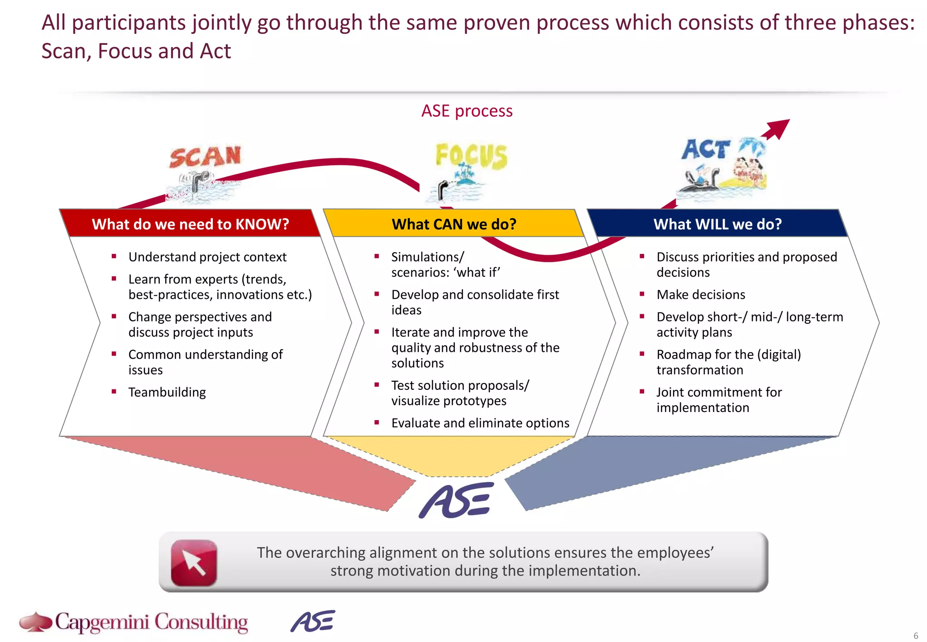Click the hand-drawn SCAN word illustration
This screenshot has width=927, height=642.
tap(205, 157)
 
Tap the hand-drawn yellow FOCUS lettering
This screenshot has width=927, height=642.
tap(471, 156)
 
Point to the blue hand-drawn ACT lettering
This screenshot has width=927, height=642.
tap(705, 149)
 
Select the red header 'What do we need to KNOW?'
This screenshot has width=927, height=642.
tap(190, 224)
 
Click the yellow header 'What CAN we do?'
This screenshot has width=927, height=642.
tap(454, 224)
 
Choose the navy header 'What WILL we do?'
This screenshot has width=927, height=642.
tap(717, 224)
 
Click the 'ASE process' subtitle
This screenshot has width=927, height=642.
tap(467, 111)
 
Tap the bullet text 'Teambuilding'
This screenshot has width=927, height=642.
tap(167, 392)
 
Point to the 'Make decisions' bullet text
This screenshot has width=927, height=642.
tap(701, 295)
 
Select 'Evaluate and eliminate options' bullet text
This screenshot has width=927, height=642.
tap(480, 423)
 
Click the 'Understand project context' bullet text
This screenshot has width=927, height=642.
tap(207, 257)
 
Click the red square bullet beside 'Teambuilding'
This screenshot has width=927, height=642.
tap(114, 391)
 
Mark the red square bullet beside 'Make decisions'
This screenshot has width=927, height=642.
tap(642, 294)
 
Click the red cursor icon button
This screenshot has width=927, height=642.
tap(194, 563)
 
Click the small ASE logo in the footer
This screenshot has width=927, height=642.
tap(313, 621)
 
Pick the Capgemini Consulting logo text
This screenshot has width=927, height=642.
tap(151, 623)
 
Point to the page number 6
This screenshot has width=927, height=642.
tap(916, 636)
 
